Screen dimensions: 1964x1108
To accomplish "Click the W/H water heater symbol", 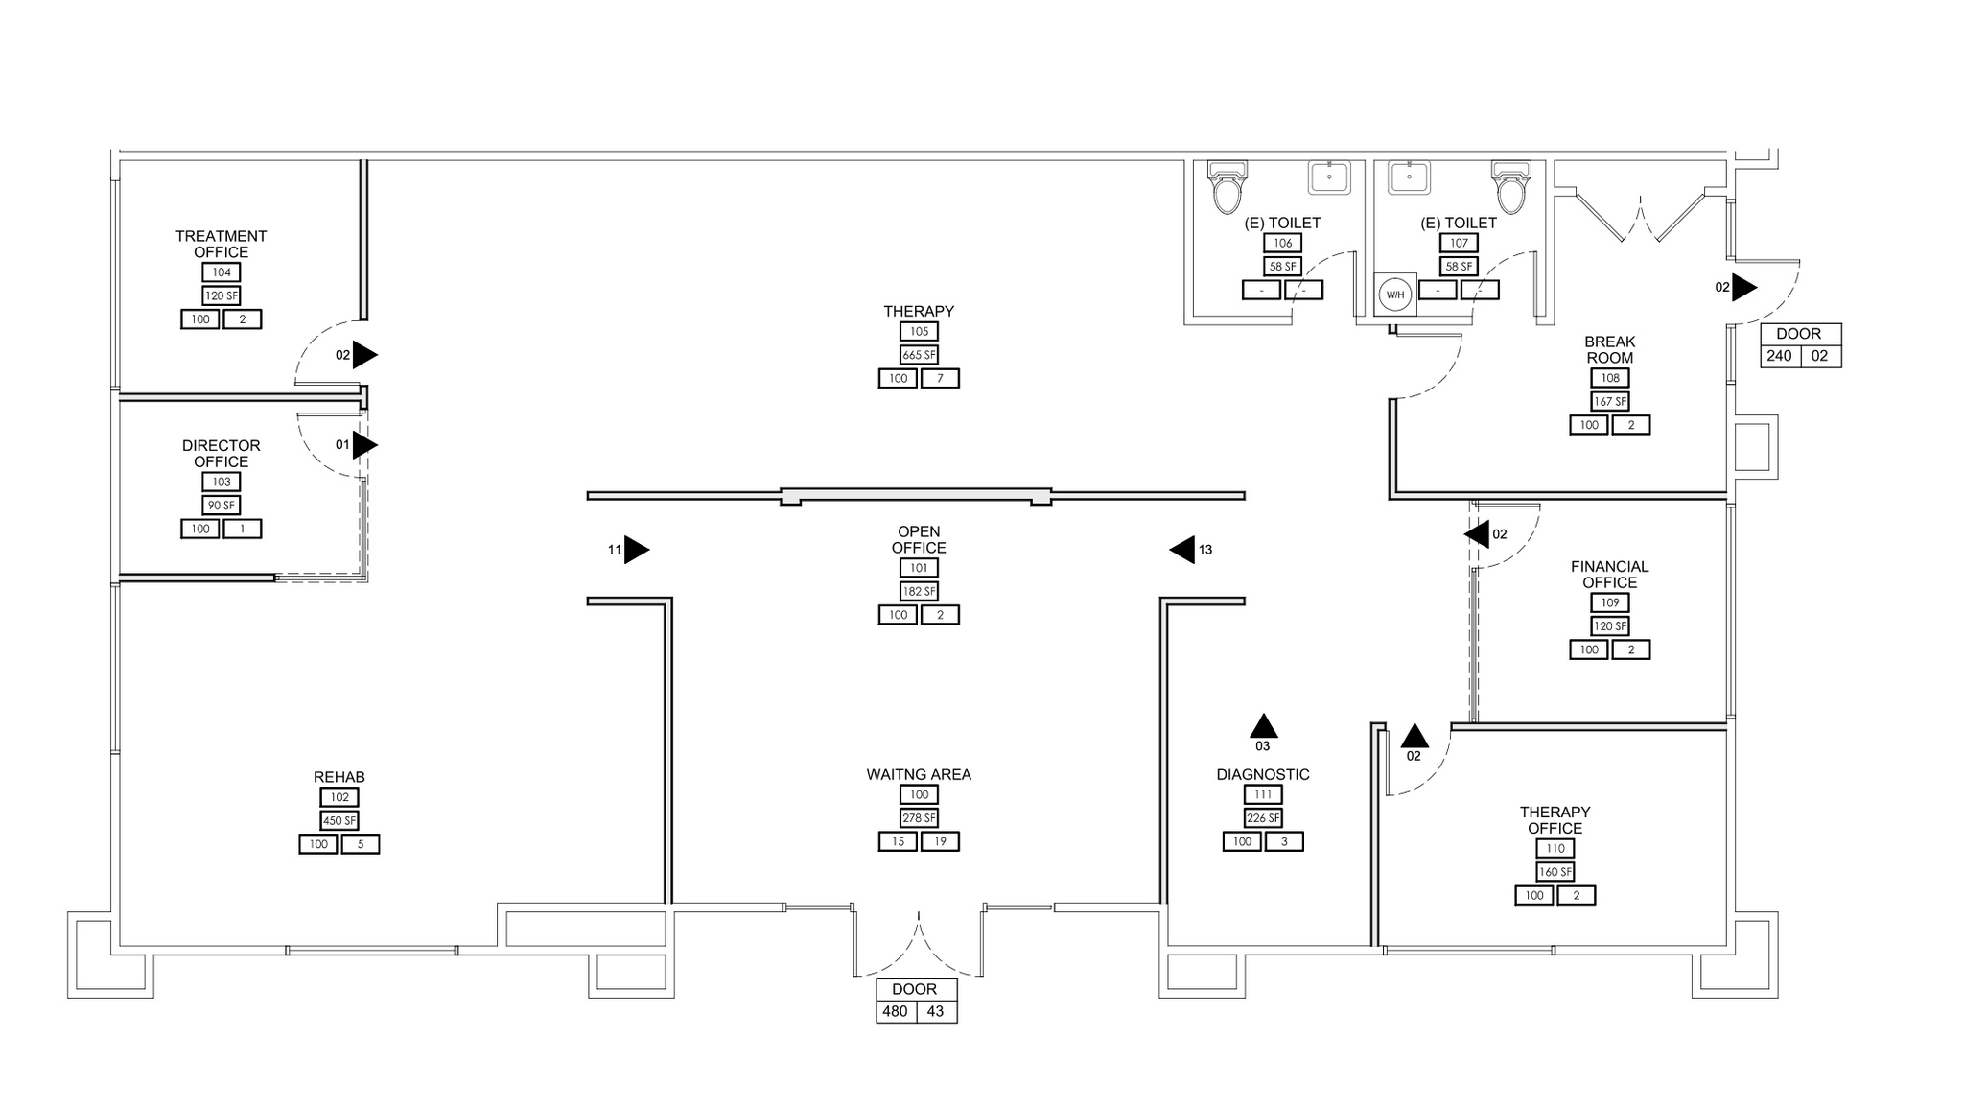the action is pyautogui.click(x=1395, y=295).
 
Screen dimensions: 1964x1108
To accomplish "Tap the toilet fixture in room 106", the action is pyautogui.click(x=1227, y=187).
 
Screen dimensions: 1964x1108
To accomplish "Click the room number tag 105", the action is pyautogui.click(x=919, y=331).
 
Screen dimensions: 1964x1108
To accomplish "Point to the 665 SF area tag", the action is pyautogui.click(x=919, y=355).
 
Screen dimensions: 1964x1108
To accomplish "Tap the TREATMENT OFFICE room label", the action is pyautogui.click(x=222, y=244).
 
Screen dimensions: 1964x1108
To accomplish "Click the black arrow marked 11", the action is pyautogui.click(x=636, y=550).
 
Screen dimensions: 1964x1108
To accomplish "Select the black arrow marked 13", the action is pyautogui.click(x=1182, y=550).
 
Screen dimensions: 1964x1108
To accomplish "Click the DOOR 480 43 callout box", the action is pyautogui.click(x=916, y=1001).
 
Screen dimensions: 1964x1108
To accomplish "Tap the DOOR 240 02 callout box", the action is pyautogui.click(x=1800, y=345).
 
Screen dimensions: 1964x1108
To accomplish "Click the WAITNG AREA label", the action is pyautogui.click(x=919, y=774).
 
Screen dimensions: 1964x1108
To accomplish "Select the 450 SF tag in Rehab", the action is pyautogui.click(x=339, y=820).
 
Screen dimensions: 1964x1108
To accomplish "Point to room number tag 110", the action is pyautogui.click(x=1555, y=848).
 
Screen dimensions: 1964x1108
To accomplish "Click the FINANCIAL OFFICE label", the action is pyautogui.click(x=1610, y=575).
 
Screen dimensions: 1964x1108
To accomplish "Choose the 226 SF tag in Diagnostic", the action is pyautogui.click(x=1262, y=818).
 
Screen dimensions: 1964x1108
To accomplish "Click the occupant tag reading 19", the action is pyautogui.click(x=940, y=841).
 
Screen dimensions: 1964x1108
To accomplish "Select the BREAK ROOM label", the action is pyautogui.click(x=1610, y=349).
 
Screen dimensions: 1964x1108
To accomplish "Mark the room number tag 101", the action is pyautogui.click(x=919, y=568).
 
